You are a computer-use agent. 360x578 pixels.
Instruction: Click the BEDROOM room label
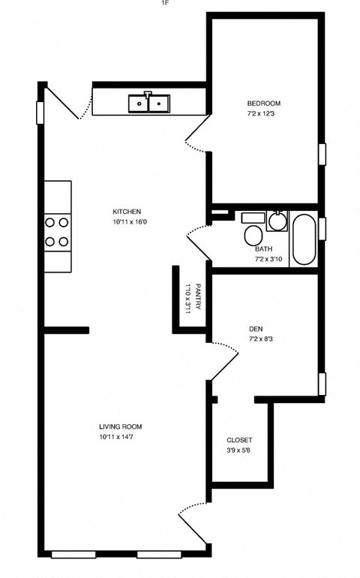click(264, 103)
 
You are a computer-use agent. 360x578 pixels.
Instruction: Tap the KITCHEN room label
click(127, 212)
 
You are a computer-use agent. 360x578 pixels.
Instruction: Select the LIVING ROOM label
click(121, 426)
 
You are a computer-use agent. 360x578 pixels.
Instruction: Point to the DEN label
click(256, 329)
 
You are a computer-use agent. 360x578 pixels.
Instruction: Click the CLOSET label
click(239, 440)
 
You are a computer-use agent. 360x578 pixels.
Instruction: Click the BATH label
click(263, 249)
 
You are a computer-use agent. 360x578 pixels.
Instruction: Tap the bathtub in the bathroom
click(304, 239)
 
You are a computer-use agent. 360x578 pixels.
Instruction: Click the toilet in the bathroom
click(252, 234)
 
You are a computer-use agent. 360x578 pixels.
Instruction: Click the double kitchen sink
click(149, 103)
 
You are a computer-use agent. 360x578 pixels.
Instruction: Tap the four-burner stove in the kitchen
click(57, 232)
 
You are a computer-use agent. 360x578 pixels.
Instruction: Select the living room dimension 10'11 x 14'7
click(120, 437)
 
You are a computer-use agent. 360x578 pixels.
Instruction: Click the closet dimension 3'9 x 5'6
click(239, 450)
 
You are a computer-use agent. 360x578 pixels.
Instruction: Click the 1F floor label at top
click(165, 4)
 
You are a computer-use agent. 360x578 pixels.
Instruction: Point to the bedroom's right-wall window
click(322, 153)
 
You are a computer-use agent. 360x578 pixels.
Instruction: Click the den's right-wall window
click(322, 383)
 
